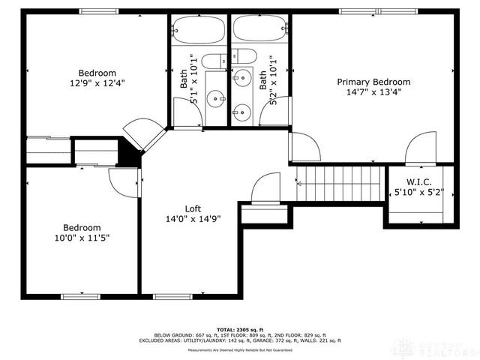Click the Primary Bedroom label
[x=373, y=82]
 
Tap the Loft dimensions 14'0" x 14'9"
[x=193, y=220]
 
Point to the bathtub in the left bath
[x=199, y=30]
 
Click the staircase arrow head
[x=300, y=182]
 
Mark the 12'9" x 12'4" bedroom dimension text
[x=96, y=84]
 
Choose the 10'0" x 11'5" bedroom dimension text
[x=82, y=238]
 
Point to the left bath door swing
[x=187, y=113]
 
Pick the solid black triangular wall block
[x=133, y=154]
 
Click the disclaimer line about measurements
[x=240, y=349]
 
